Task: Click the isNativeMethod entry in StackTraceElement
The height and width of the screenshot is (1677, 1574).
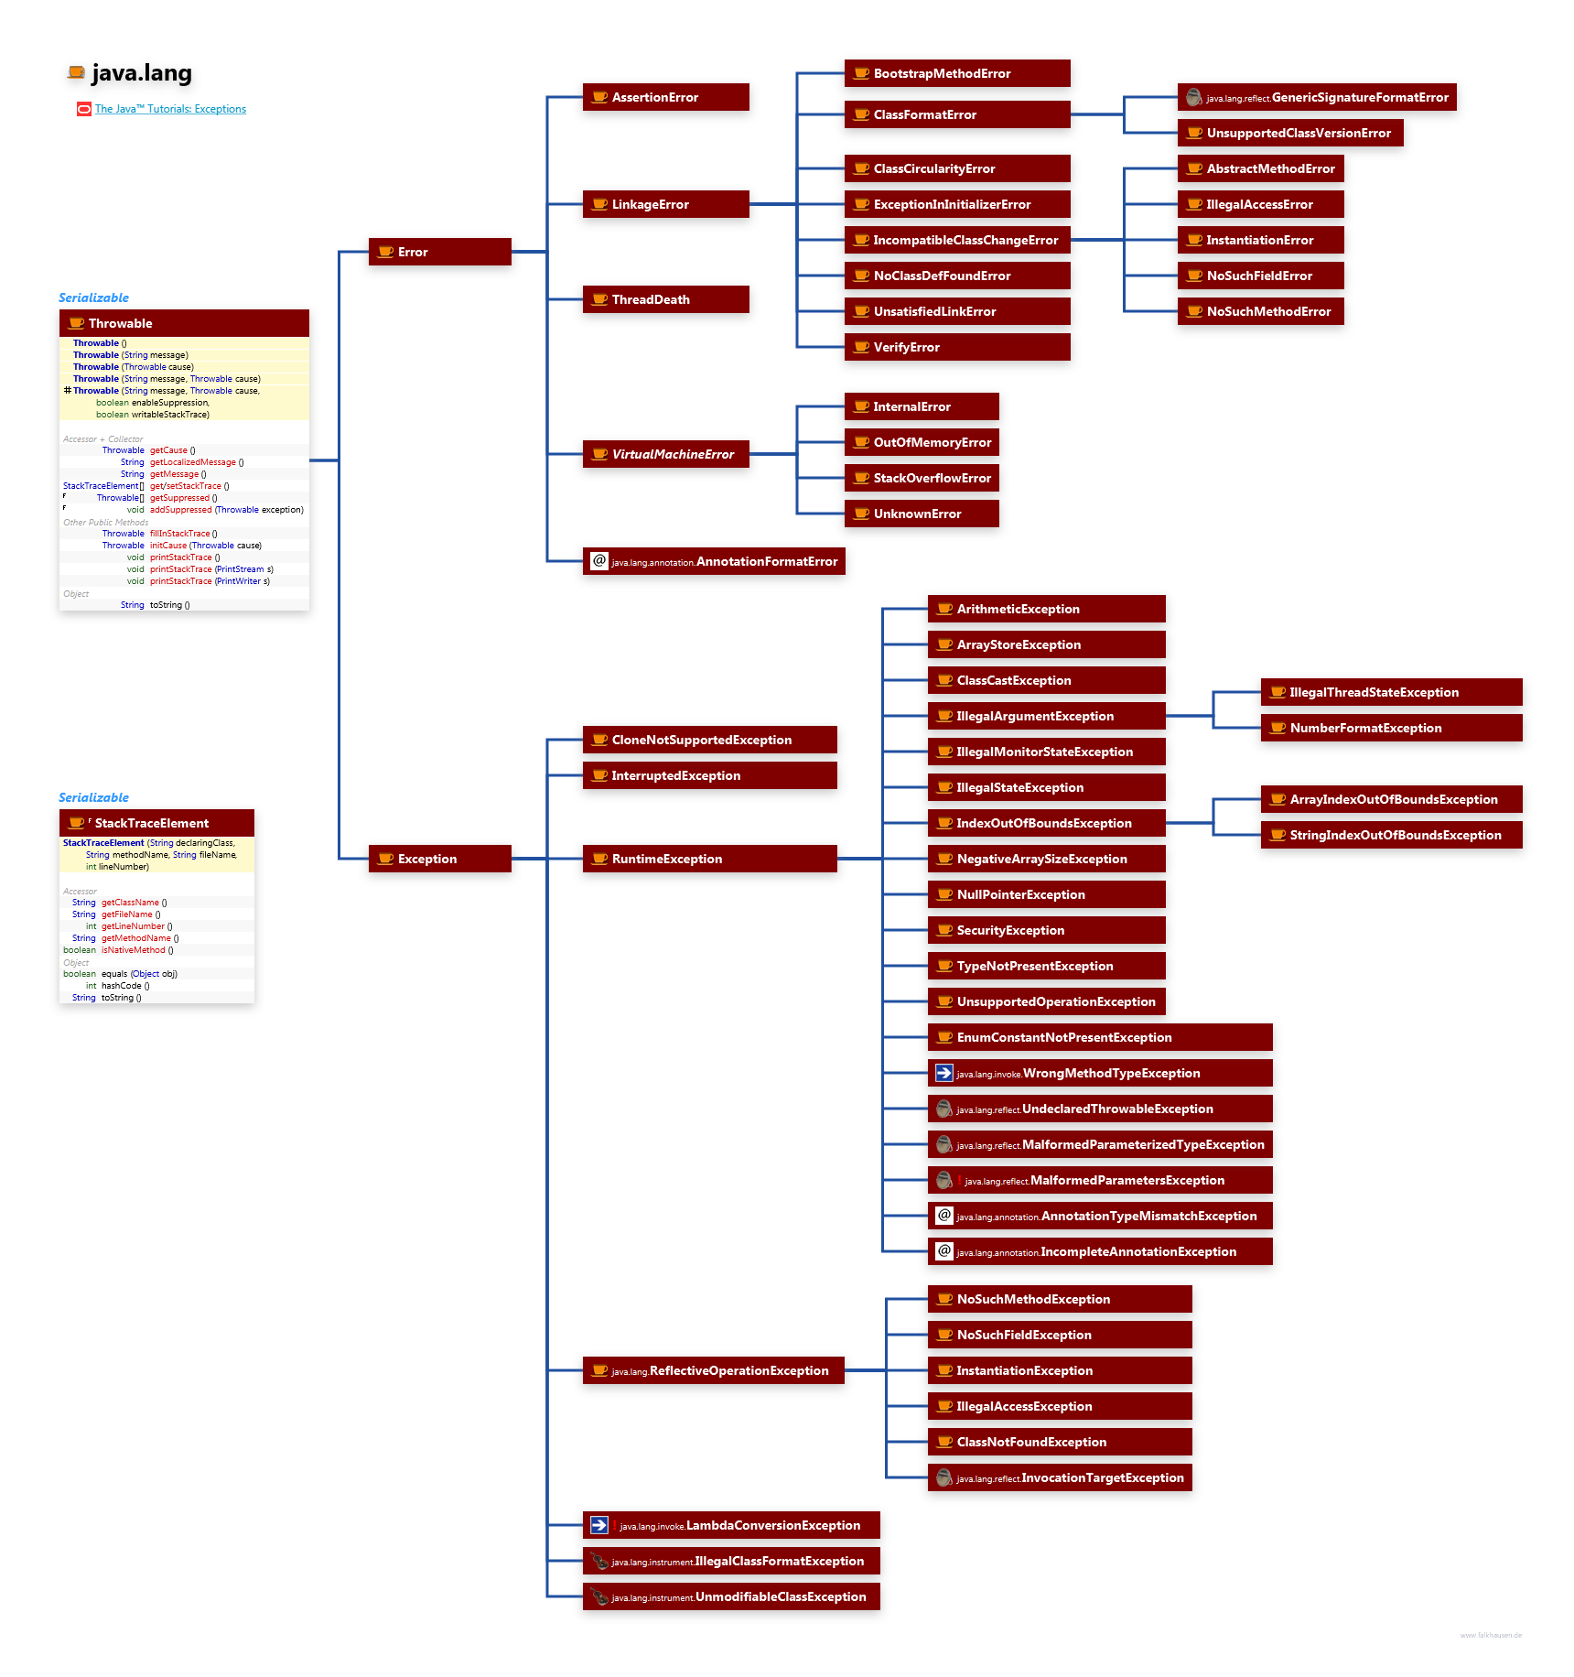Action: (x=134, y=950)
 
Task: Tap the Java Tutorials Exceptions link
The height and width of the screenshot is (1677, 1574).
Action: (x=170, y=109)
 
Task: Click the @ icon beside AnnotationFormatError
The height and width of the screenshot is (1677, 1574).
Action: (x=599, y=561)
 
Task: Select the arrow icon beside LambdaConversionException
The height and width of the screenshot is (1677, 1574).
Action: (x=599, y=1525)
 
